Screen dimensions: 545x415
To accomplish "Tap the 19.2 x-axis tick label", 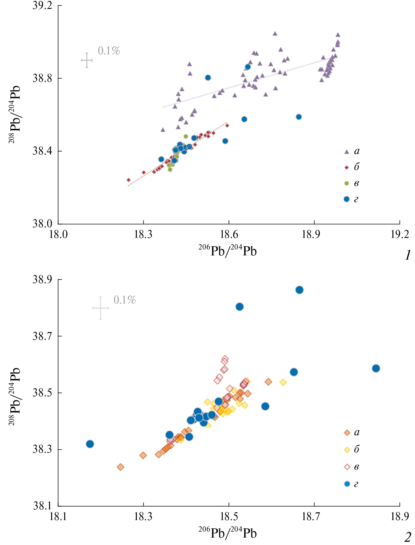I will [x=400, y=235].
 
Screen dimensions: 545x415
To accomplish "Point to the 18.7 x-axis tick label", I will [x=314, y=517].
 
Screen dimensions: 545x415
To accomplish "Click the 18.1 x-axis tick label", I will [x=58, y=517].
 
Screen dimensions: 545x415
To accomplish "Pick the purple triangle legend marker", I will [x=346, y=152].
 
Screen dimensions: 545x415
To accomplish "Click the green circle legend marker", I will [x=346, y=183].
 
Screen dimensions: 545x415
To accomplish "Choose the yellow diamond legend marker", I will [x=347, y=450].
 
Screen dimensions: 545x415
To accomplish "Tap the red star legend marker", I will [x=346, y=168].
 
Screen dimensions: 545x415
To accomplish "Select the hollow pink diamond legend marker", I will [x=347, y=467].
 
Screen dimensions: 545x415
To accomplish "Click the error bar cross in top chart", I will [x=87, y=60].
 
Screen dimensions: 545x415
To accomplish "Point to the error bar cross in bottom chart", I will [x=101, y=308].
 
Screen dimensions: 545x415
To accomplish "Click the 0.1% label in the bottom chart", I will [x=125, y=300].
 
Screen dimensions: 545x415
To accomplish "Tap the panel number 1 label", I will [x=408, y=255].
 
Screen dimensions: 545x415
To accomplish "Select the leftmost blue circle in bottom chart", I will [x=90, y=444].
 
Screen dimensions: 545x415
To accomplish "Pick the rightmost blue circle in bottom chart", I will [x=376, y=368].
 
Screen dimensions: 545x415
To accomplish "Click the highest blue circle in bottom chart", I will [x=299, y=290].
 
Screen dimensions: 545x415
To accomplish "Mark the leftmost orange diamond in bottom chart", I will [x=120, y=467].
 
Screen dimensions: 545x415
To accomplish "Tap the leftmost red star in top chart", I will [x=129, y=180].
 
